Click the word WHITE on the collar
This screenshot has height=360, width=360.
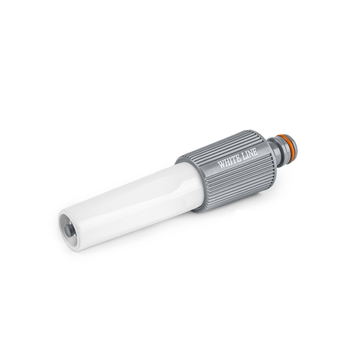tap(229, 162)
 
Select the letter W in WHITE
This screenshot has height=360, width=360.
tap(221, 165)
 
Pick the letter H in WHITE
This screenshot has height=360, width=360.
tap(227, 163)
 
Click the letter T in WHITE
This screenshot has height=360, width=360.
tap(234, 160)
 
